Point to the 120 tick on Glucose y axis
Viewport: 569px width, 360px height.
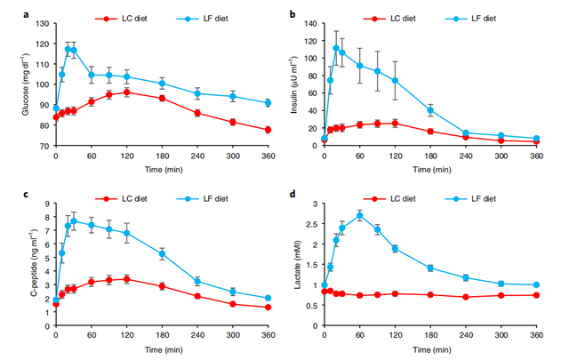(44, 20)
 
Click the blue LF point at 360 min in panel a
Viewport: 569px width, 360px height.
(268, 103)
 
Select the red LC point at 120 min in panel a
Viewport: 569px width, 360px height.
(126, 92)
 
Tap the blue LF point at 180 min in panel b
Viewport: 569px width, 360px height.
(430, 111)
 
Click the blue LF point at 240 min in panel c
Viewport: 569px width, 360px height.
(196, 281)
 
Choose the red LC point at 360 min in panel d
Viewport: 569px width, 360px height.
(536, 295)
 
